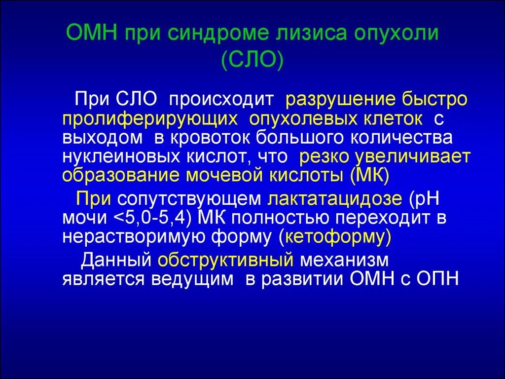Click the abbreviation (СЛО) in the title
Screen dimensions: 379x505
pyautogui.click(x=252, y=62)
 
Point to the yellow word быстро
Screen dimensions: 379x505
pyautogui.click(x=435, y=99)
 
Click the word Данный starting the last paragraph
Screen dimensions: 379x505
pyautogui.click(x=116, y=260)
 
